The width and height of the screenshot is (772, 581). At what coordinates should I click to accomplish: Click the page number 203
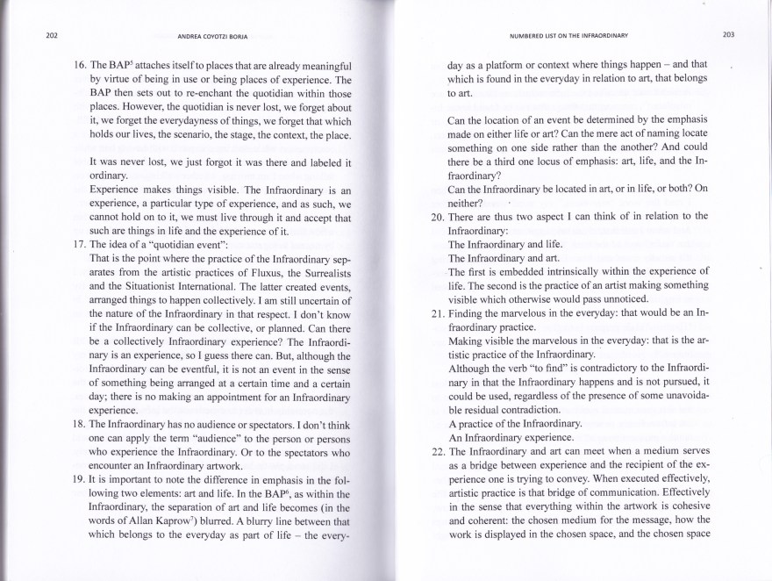click(727, 35)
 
